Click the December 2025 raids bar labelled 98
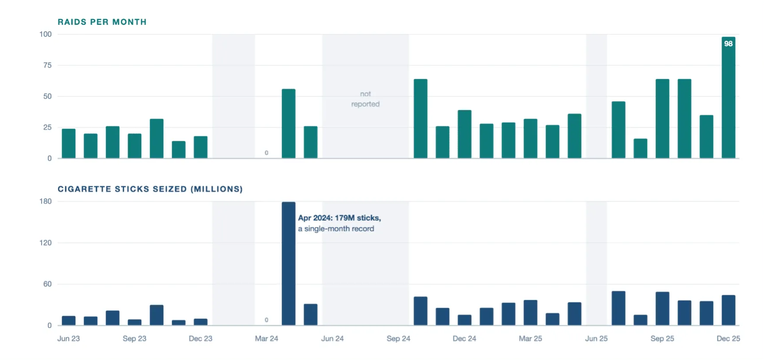(x=728, y=98)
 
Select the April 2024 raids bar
(x=289, y=124)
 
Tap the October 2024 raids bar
(x=421, y=119)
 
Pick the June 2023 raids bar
(x=69, y=144)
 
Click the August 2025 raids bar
(x=640, y=149)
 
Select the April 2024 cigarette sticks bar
(x=289, y=264)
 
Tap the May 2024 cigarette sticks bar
(x=311, y=315)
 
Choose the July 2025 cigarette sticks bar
(x=618, y=308)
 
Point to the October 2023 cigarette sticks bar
(x=156, y=315)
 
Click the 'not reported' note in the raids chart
(x=365, y=99)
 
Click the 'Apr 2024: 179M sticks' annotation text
(x=340, y=218)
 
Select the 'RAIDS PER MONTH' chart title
(x=102, y=22)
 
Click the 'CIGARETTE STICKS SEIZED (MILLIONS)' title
(x=150, y=189)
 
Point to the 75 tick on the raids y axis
(x=47, y=65)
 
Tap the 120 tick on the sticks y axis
(x=46, y=243)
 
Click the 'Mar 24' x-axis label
(x=266, y=339)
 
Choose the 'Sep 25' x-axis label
(x=662, y=339)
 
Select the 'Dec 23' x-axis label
(x=200, y=339)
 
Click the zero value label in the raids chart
(x=266, y=153)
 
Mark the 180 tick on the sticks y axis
(x=46, y=201)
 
